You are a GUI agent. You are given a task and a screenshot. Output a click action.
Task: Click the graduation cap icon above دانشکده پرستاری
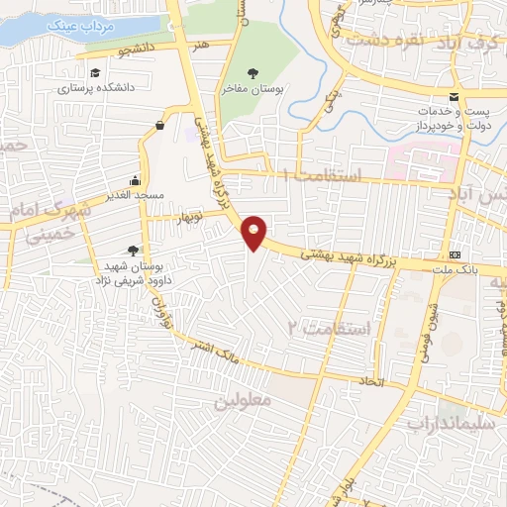pos(95,72)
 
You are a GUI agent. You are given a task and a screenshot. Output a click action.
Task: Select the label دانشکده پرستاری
pos(95,88)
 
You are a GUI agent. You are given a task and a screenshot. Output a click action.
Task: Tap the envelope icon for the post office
pos(453,97)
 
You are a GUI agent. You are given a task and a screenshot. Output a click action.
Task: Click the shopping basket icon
pos(160,125)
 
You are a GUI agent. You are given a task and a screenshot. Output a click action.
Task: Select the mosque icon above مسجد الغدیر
pos(135,181)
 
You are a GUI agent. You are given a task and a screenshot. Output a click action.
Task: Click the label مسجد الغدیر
pos(135,197)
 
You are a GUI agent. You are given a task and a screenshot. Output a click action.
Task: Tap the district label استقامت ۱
pos(322,174)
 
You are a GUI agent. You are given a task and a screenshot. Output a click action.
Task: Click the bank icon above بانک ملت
pos(455,253)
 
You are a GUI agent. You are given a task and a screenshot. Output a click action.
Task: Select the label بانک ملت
pos(455,269)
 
